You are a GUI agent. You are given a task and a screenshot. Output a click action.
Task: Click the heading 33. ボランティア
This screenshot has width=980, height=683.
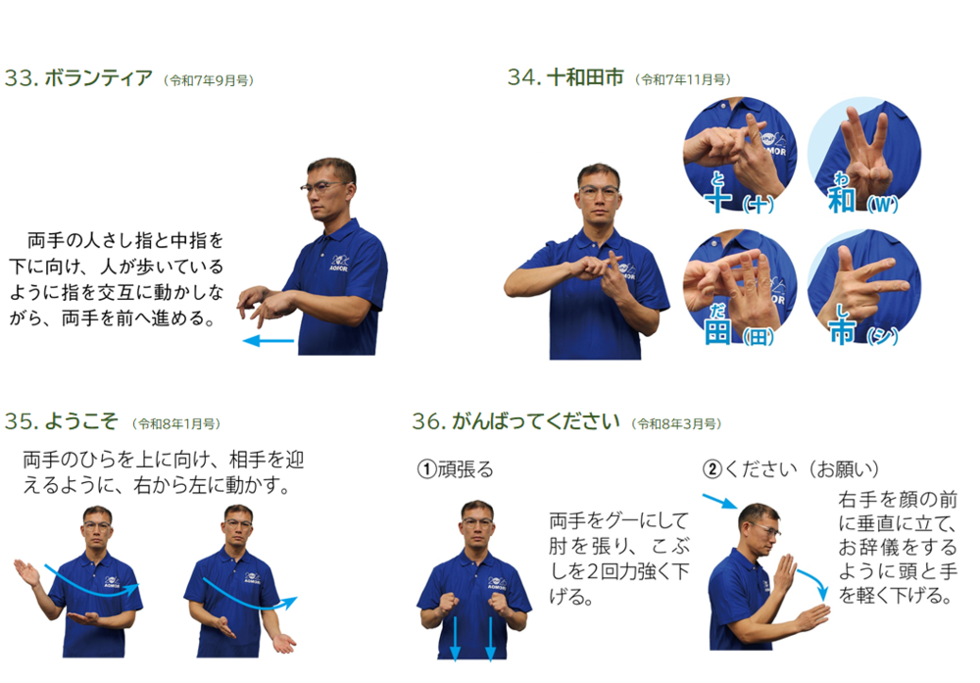(x=78, y=78)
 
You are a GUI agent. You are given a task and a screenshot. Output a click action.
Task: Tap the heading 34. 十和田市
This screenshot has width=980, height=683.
(x=565, y=77)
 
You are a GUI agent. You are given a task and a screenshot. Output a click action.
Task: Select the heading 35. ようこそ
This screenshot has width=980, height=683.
(x=61, y=421)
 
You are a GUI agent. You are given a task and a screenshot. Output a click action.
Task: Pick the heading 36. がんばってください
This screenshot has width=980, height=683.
(x=515, y=421)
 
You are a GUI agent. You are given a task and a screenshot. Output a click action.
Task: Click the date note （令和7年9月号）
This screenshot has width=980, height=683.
(x=208, y=80)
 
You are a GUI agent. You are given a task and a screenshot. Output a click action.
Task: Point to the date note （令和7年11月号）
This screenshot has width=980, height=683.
(x=682, y=80)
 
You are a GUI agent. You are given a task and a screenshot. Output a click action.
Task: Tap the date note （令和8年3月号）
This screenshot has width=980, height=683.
(x=676, y=423)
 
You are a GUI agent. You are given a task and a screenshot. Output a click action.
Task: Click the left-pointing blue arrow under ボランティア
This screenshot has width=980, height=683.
(x=269, y=341)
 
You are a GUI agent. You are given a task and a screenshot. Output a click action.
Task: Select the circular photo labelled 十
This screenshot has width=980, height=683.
(x=740, y=155)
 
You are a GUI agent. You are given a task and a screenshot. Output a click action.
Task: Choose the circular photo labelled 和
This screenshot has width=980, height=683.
(x=864, y=155)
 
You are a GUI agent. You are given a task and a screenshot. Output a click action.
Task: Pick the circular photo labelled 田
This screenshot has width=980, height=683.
(x=740, y=287)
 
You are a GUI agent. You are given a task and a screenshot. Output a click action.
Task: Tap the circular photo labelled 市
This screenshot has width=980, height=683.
(x=864, y=287)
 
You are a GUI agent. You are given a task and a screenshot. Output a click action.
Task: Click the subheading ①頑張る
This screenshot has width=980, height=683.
(x=455, y=468)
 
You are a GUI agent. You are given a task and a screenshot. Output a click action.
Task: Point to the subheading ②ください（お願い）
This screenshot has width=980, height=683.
(x=791, y=468)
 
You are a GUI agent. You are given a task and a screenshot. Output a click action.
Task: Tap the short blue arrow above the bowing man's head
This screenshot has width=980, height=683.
(x=719, y=501)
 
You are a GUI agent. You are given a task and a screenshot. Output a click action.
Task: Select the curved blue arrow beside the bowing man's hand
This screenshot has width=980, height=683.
(x=815, y=579)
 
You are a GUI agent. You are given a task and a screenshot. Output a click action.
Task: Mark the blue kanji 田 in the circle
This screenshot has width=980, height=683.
(x=717, y=330)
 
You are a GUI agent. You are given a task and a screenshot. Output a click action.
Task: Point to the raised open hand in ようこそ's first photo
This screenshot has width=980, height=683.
(x=26, y=572)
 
